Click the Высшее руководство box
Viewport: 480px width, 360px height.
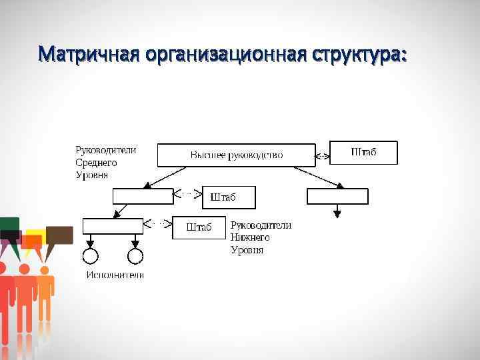point(236,155)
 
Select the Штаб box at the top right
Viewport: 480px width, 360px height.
point(363,153)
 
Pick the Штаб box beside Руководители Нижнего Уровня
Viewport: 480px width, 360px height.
point(199,227)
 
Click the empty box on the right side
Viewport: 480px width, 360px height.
point(337,196)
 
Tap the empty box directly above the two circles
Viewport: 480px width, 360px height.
point(113,225)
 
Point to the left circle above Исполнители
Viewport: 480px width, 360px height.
point(90,256)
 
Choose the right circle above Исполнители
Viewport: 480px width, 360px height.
point(135,256)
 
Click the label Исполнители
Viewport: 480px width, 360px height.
point(115,275)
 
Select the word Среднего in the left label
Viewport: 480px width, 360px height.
point(96,162)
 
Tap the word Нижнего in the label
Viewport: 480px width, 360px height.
point(250,237)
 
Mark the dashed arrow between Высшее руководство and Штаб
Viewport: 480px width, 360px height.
point(323,156)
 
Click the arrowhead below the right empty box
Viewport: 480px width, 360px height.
point(337,213)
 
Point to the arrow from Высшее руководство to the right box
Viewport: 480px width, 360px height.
point(319,177)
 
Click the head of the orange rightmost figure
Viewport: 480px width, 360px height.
point(45,270)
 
